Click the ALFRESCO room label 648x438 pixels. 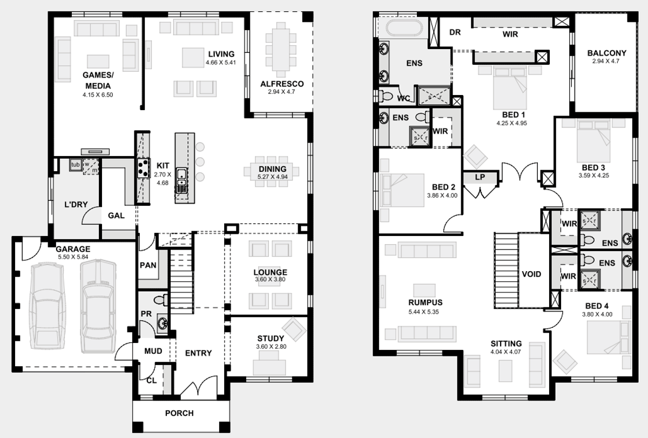click(x=282, y=84)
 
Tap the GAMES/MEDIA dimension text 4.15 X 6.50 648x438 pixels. click(x=98, y=95)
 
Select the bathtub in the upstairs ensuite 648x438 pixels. click(x=404, y=28)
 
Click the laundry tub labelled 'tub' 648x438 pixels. click(x=76, y=165)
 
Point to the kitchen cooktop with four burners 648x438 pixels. click(x=143, y=168)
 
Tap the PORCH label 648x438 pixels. click(x=179, y=413)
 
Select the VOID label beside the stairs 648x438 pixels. click(x=531, y=274)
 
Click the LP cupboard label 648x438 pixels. click(x=480, y=177)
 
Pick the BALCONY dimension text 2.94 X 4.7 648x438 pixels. click(x=605, y=61)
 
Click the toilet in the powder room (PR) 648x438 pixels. click(x=161, y=300)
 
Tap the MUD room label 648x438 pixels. click(x=153, y=351)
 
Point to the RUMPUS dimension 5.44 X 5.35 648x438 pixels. click(x=423, y=312)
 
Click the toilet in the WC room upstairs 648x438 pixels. click(x=387, y=96)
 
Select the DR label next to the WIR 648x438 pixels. click(x=455, y=32)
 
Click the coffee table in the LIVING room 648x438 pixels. click(x=193, y=58)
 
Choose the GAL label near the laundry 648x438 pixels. click(x=116, y=215)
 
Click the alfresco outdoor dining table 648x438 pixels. click(x=281, y=49)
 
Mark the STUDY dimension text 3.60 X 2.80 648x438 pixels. click(x=271, y=347)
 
